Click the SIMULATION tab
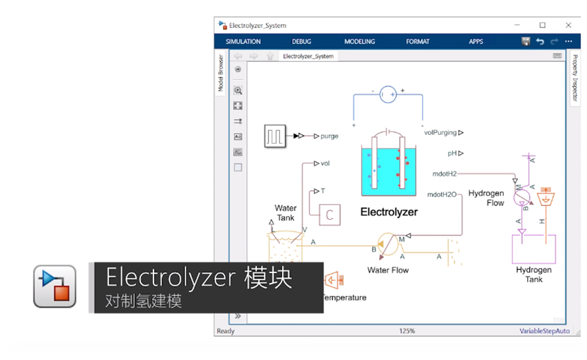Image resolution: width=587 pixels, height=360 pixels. (243, 41)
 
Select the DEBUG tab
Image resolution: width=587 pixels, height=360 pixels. (301, 41)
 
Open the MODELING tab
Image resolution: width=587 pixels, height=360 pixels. (359, 41)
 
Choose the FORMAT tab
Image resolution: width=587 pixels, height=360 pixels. (417, 41)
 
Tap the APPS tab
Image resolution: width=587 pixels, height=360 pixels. (476, 41)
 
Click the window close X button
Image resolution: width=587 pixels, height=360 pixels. (568, 25)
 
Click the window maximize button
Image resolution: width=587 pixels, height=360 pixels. (542, 25)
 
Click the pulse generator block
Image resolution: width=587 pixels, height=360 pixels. (275, 136)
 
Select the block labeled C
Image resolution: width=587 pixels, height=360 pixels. (330, 215)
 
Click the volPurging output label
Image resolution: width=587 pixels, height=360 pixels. (440, 132)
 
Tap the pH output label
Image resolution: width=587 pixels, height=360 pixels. (452, 153)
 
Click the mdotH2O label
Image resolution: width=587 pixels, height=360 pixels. (442, 195)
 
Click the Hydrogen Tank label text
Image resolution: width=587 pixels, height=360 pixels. (533, 275)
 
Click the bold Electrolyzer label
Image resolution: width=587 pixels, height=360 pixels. (389, 212)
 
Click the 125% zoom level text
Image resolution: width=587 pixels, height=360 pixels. (407, 331)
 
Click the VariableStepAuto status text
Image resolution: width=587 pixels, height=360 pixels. (544, 331)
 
